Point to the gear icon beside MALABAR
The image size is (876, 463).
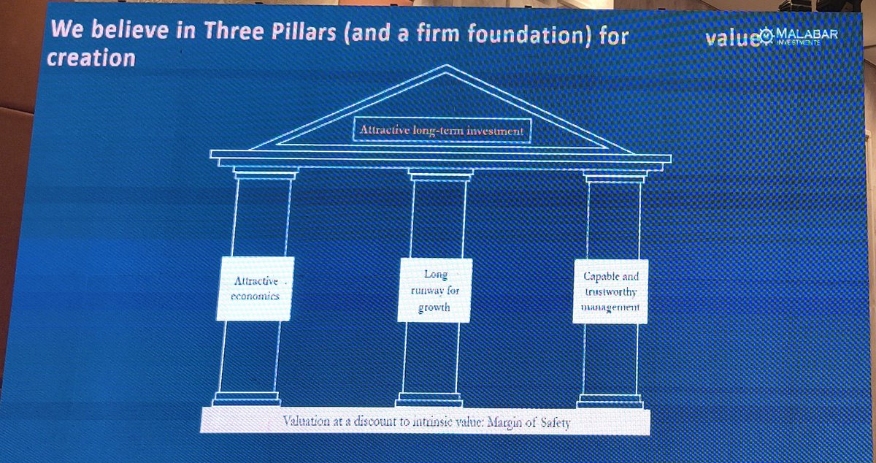pyautogui.click(x=766, y=36)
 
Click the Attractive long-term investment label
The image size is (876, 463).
pyautogui.click(x=442, y=131)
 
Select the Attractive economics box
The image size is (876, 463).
pyautogui.click(x=255, y=288)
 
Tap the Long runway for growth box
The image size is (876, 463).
pyautogui.click(x=435, y=290)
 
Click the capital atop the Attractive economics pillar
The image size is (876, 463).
pyautogui.click(x=264, y=173)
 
